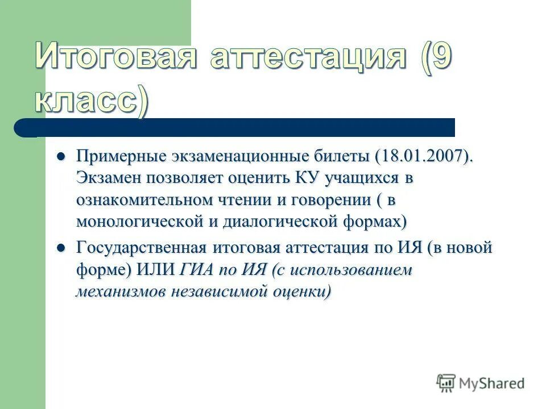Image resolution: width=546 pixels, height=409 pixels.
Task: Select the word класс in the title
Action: coord(85,101)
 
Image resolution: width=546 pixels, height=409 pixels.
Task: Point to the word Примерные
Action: coord(121,156)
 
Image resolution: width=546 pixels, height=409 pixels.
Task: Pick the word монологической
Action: coord(139,221)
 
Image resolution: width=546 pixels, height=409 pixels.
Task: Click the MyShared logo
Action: coord(481,383)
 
